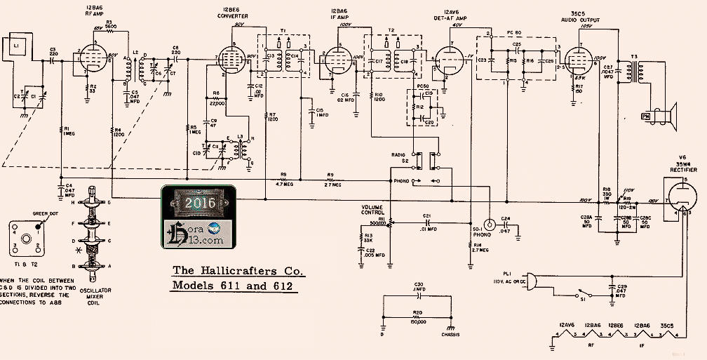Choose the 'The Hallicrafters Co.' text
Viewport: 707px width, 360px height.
coord(238,270)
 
